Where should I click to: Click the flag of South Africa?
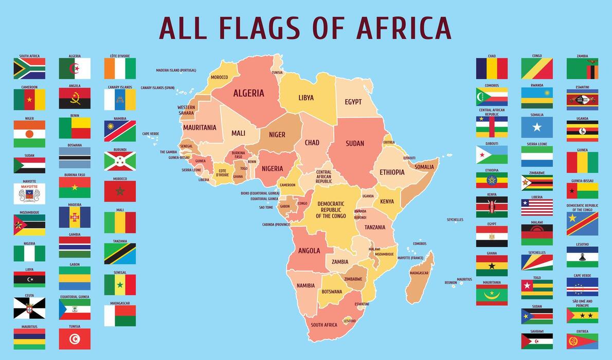coord(29,68)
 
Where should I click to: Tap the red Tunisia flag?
coord(75,339)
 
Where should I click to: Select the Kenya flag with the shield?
coord(492,207)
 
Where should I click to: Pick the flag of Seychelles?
coord(537,262)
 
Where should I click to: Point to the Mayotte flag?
coord(29,194)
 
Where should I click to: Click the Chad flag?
coord(492,68)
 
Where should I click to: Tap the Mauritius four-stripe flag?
coord(29,339)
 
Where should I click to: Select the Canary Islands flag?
coord(120,100)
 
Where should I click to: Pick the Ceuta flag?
coord(29,308)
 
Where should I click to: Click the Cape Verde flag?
coord(582,286)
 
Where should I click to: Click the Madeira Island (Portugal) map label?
coord(176,70)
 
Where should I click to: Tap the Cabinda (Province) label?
coord(276,225)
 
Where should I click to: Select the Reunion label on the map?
coord(451,282)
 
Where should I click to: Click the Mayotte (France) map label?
coord(410,258)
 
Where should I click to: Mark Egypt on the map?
coord(353,102)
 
